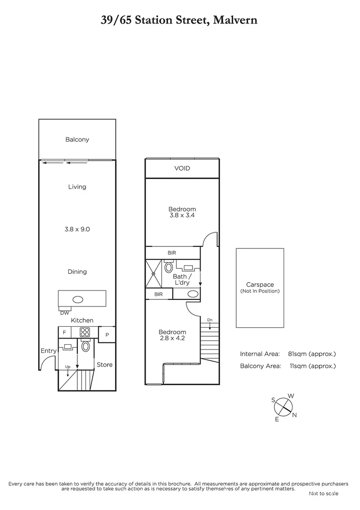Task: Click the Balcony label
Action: [77, 140]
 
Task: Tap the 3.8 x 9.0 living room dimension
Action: [77, 229]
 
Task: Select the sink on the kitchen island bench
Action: [78, 299]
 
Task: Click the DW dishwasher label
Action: [64, 313]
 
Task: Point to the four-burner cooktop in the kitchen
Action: [86, 332]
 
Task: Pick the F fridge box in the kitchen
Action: [64, 333]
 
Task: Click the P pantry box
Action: [107, 335]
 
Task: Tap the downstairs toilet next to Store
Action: [86, 347]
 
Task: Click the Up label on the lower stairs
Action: [68, 366]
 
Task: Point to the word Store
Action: [105, 365]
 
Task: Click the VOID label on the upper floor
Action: [182, 169]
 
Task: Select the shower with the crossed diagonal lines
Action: [154, 273]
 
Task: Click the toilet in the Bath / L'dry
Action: [168, 268]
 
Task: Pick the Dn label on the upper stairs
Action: [209, 320]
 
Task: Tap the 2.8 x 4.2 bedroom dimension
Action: [172, 338]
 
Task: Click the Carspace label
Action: [260, 285]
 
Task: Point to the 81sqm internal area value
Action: [298, 354]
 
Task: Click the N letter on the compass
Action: [294, 415]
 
